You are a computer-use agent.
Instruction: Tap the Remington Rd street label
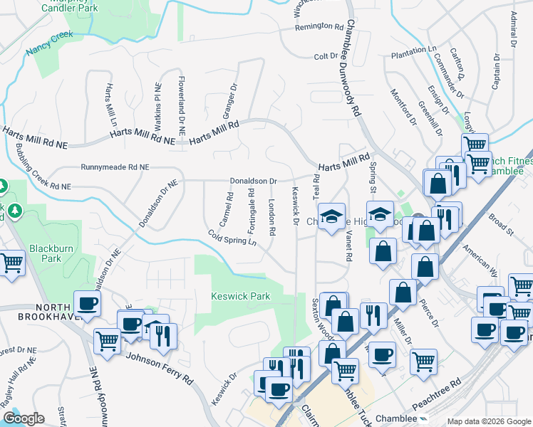point(320,27)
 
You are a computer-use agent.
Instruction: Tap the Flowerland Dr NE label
point(182,107)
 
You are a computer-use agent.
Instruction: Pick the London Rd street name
point(271,216)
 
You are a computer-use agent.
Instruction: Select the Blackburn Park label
point(46,254)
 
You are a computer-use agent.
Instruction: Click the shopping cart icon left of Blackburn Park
point(11,263)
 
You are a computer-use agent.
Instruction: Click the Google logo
point(24,418)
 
